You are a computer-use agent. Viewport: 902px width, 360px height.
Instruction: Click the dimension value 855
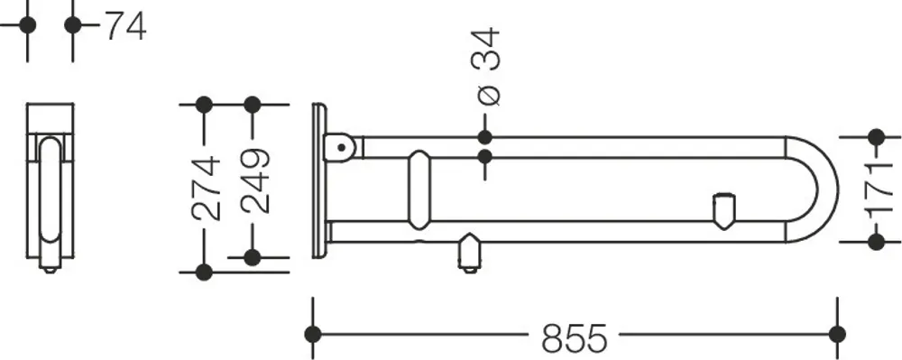pyautogui.click(x=574, y=337)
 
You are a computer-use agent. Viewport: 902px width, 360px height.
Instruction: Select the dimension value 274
pyautogui.click(x=206, y=188)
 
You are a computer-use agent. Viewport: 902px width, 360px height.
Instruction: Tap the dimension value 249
pyautogui.click(x=255, y=180)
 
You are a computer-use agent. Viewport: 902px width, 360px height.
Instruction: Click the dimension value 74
pyautogui.click(x=125, y=26)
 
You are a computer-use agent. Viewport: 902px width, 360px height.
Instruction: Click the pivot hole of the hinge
pyautogui.click(x=342, y=148)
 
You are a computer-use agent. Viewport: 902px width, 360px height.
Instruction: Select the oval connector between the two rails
pyautogui.click(x=419, y=189)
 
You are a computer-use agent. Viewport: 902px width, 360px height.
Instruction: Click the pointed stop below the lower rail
pyautogui.click(x=469, y=252)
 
